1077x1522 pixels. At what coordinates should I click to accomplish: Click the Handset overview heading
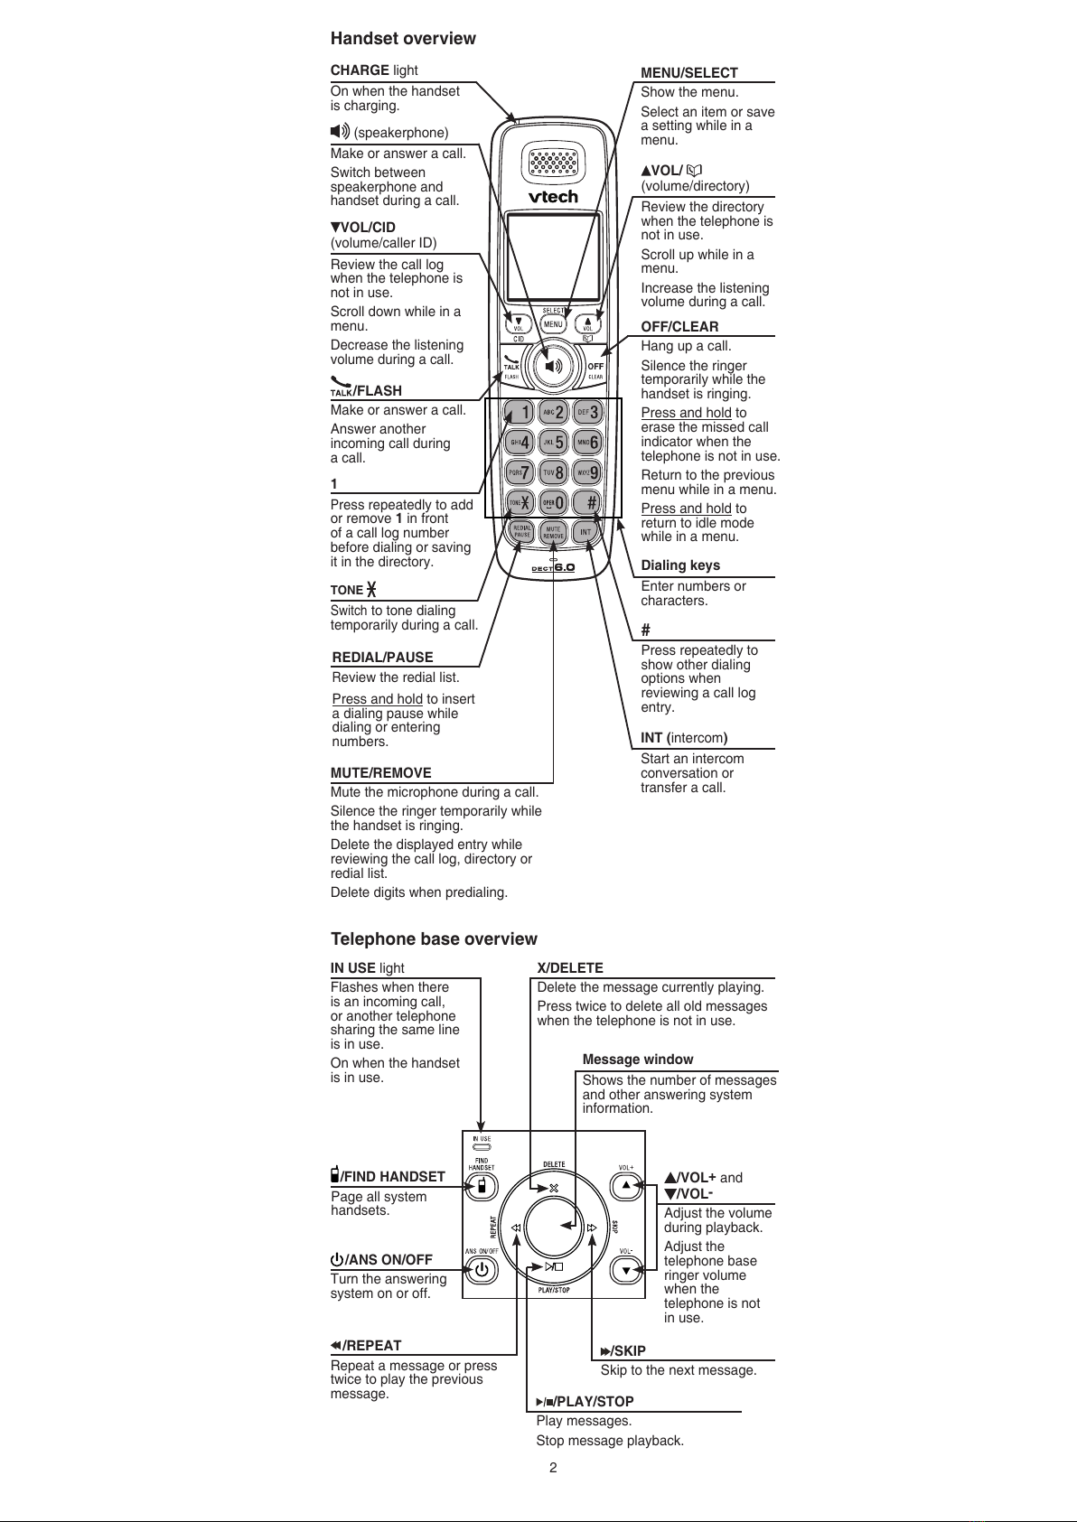tap(403, 38)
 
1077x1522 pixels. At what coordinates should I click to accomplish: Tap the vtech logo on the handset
tap(553, 196)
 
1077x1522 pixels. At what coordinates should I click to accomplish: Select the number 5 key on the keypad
tap(554, 442)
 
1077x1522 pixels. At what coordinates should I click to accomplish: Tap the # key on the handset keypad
tap(588, 502)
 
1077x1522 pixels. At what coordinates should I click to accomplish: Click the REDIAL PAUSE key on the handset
tap(521, 531)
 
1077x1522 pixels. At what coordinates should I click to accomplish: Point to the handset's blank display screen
tap(553, 257)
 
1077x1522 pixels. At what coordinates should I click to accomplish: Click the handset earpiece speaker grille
tap(553, 162)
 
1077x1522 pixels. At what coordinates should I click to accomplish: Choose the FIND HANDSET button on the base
tap(482, 1185)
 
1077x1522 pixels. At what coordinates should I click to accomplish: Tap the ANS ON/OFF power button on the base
tap(482, 1270)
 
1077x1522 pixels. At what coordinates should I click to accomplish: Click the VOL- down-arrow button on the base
tap(625, 1270)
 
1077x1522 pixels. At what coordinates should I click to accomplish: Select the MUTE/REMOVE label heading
tap(381, 773)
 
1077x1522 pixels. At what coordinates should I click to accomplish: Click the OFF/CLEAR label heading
tap(679, 327)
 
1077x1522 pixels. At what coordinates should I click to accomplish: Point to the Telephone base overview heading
tap(434, 939)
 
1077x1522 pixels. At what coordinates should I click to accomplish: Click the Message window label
tap(638, 1060)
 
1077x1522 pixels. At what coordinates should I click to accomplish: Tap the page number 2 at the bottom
tap(553, 1468)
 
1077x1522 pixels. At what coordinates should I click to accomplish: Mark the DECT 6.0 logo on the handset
tap(553, 567)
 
